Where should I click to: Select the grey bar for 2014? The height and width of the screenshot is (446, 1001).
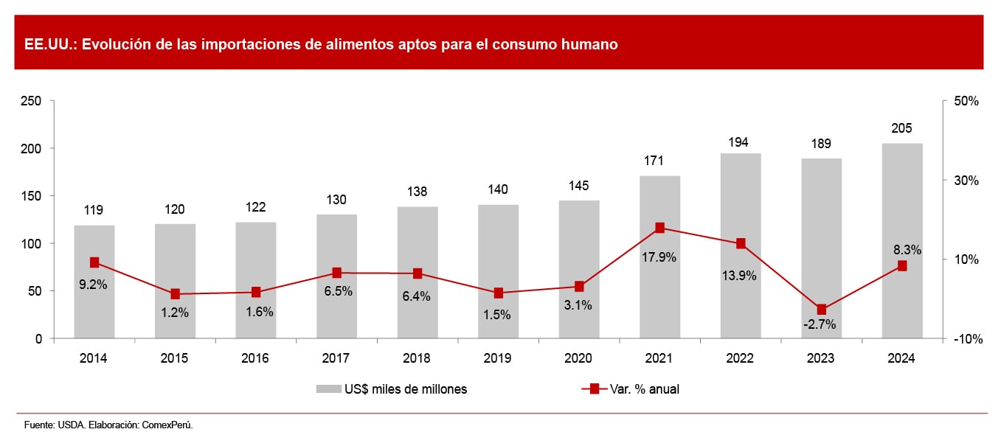click(94, 310)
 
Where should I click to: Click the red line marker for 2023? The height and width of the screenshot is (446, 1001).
click(821, 310)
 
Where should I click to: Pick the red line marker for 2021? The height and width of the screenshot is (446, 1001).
click(659, 228)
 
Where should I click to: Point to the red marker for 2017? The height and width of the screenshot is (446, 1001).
click(336, 273)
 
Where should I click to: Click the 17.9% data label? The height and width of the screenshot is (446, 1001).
click(659, 257)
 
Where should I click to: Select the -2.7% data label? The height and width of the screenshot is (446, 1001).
click(821, 325)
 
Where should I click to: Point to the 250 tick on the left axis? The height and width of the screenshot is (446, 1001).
click(33, 101)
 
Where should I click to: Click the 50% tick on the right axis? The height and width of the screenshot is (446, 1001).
click(966, 101)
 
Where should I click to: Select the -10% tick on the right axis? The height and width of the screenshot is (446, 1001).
click(966, 339)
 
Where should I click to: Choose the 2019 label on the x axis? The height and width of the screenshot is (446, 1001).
click(498, 358)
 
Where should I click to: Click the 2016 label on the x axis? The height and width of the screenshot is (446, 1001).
click(255, 358)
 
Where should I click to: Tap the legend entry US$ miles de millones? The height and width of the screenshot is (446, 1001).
click(404, 389)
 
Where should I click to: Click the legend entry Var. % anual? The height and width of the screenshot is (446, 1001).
click(642, 389)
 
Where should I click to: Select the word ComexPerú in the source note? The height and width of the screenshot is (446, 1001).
click(169, 425)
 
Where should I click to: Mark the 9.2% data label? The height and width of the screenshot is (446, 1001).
click(94, 285)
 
